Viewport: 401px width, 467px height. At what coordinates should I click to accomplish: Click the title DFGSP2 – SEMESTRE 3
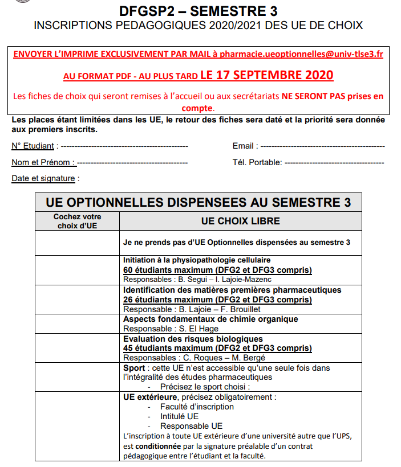click(199, 11)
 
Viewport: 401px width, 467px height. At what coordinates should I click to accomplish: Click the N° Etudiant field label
click(33, 146)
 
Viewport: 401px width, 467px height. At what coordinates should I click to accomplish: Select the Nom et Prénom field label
click(43, 162)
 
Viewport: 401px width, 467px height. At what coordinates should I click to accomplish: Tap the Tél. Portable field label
click(257, 162)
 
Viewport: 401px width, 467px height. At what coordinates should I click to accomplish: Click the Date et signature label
click(43, 178)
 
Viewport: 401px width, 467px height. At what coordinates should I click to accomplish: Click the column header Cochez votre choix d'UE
click(77, 221)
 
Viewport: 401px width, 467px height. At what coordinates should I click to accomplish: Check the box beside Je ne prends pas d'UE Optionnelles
click(77, 243)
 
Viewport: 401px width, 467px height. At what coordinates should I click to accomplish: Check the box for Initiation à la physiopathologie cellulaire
click(77, 269)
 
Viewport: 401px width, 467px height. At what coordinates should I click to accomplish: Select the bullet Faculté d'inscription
click(197, 407)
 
